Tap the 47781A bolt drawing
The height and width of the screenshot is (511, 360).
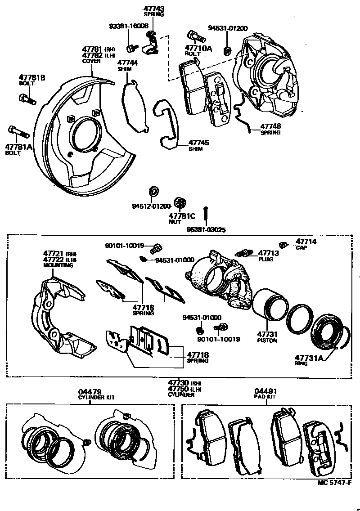18,132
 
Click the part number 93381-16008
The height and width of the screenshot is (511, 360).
128,27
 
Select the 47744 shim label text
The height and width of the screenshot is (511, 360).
127,63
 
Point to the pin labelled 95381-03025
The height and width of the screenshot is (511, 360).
205,216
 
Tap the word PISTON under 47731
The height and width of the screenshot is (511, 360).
267,341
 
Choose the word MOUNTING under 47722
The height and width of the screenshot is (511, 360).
58,266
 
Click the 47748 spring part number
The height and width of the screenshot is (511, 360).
270,127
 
